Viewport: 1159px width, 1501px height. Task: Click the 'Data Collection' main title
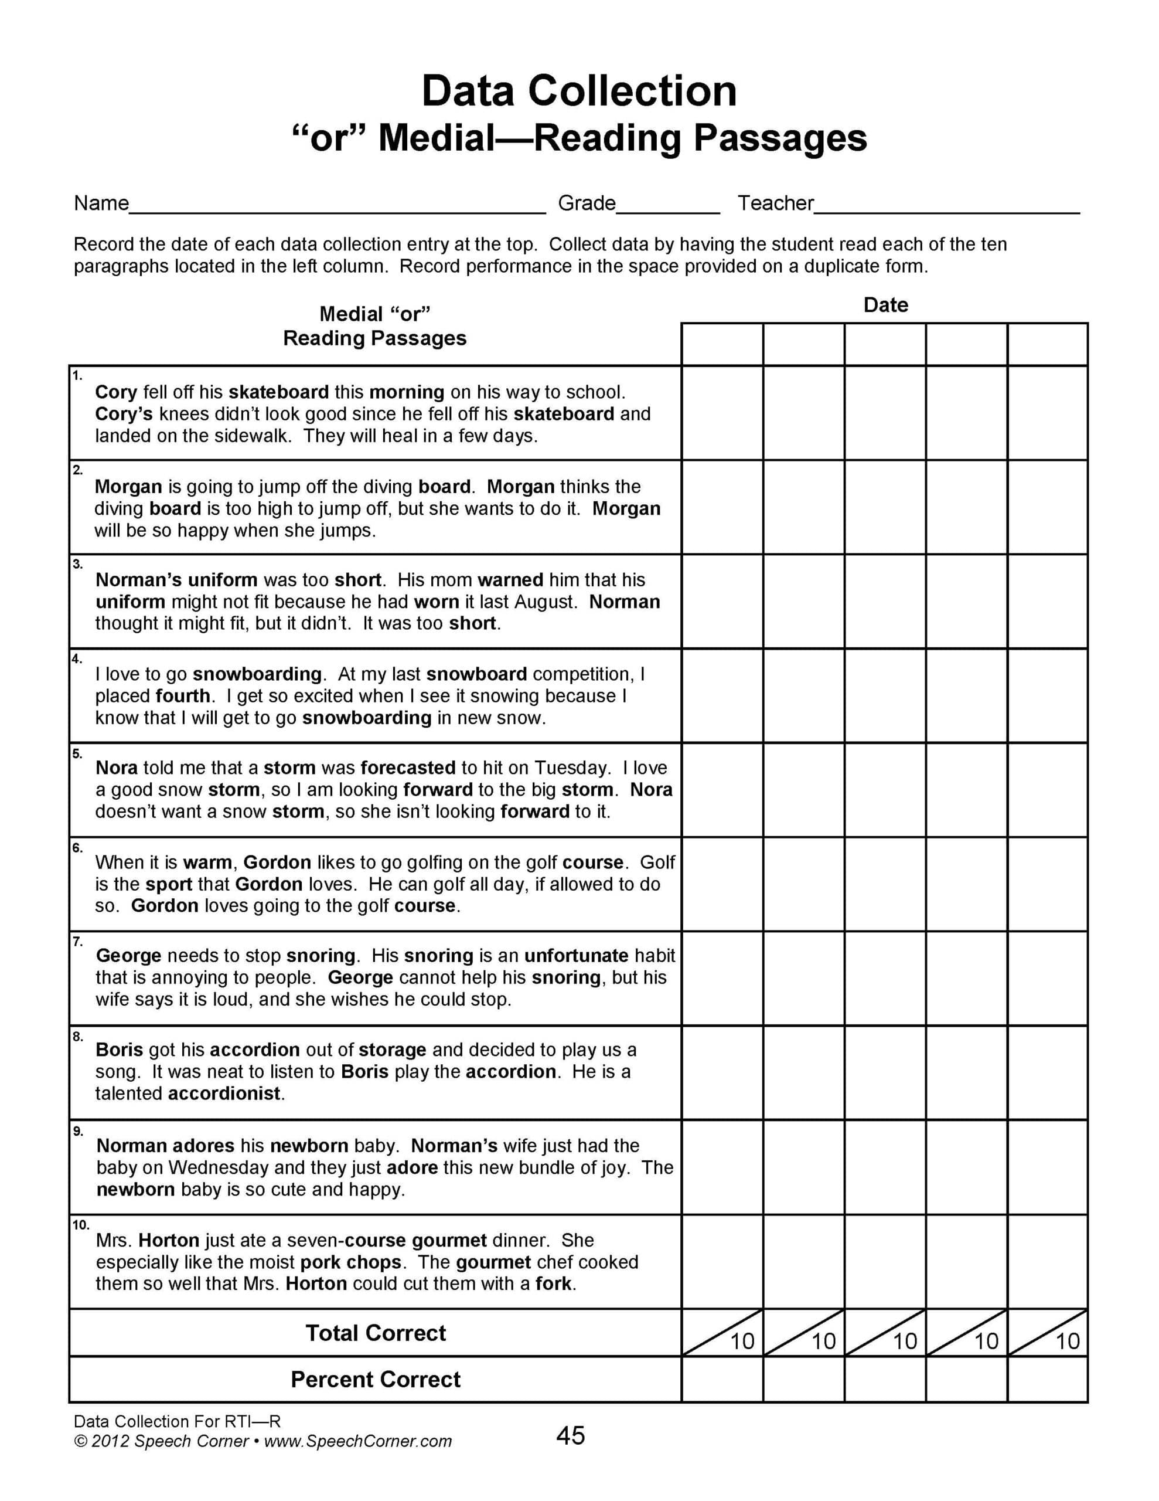coord(578,91)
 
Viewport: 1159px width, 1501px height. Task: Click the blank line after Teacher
coord(946,208)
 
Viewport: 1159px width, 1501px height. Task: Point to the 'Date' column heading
coord(885,305)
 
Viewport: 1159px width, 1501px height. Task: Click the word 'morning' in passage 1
coord(407,392)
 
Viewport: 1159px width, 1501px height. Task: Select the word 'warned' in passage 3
coord(510,580)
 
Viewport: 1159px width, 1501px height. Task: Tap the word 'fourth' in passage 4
coord(183,696)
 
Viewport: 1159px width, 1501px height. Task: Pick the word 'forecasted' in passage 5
coord(407,768)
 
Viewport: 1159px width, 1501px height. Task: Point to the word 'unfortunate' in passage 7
coord(576,956)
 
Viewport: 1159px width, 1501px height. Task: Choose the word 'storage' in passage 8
coord(392,1050)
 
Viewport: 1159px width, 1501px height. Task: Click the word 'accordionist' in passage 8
coord(224,1094)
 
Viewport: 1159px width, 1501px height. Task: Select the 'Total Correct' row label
coord(375,1333)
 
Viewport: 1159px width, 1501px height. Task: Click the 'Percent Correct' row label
coord(375,1380)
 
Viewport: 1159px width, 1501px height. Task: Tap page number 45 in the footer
coord(570,1436)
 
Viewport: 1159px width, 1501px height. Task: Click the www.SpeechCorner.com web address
coord(357,1441)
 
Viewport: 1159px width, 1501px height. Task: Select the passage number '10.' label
coord(80,1225)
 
